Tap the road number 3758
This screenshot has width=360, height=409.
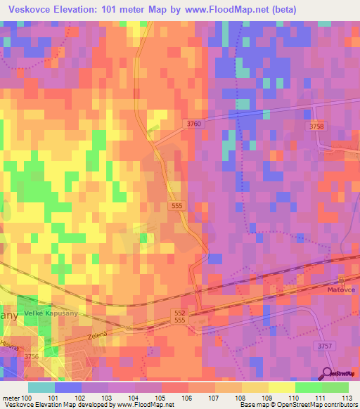pos(316,126)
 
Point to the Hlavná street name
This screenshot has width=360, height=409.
pos(9,344)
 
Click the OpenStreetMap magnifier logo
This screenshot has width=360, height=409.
pos(328,374)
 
